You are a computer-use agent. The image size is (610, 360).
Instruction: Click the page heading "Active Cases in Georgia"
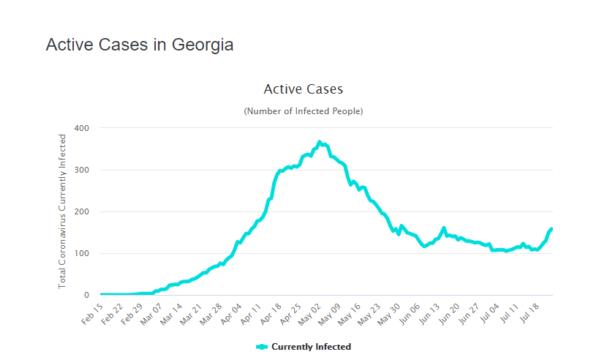pos(140,45)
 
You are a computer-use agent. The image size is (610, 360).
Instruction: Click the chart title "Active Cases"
pos(303,89)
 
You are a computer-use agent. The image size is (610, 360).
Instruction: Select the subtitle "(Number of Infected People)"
pos(303,111)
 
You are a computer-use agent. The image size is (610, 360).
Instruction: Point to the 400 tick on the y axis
pos(81,128)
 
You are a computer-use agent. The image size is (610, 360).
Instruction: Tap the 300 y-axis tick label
pos(81,170)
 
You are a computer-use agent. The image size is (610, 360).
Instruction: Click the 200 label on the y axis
pos(81,211)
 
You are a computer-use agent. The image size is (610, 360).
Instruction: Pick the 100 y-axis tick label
pos(81,253)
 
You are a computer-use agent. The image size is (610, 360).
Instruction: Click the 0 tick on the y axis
pos(86,295)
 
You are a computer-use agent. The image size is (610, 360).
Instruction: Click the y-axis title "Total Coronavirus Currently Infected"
pos(62,211)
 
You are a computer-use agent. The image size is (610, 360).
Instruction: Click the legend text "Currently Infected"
pos(311,347)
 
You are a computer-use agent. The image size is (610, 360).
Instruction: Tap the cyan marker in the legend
pos(262,347)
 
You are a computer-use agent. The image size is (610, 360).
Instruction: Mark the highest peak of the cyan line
pos(319,142)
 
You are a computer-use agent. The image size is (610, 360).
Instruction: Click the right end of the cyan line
pos(551,229)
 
